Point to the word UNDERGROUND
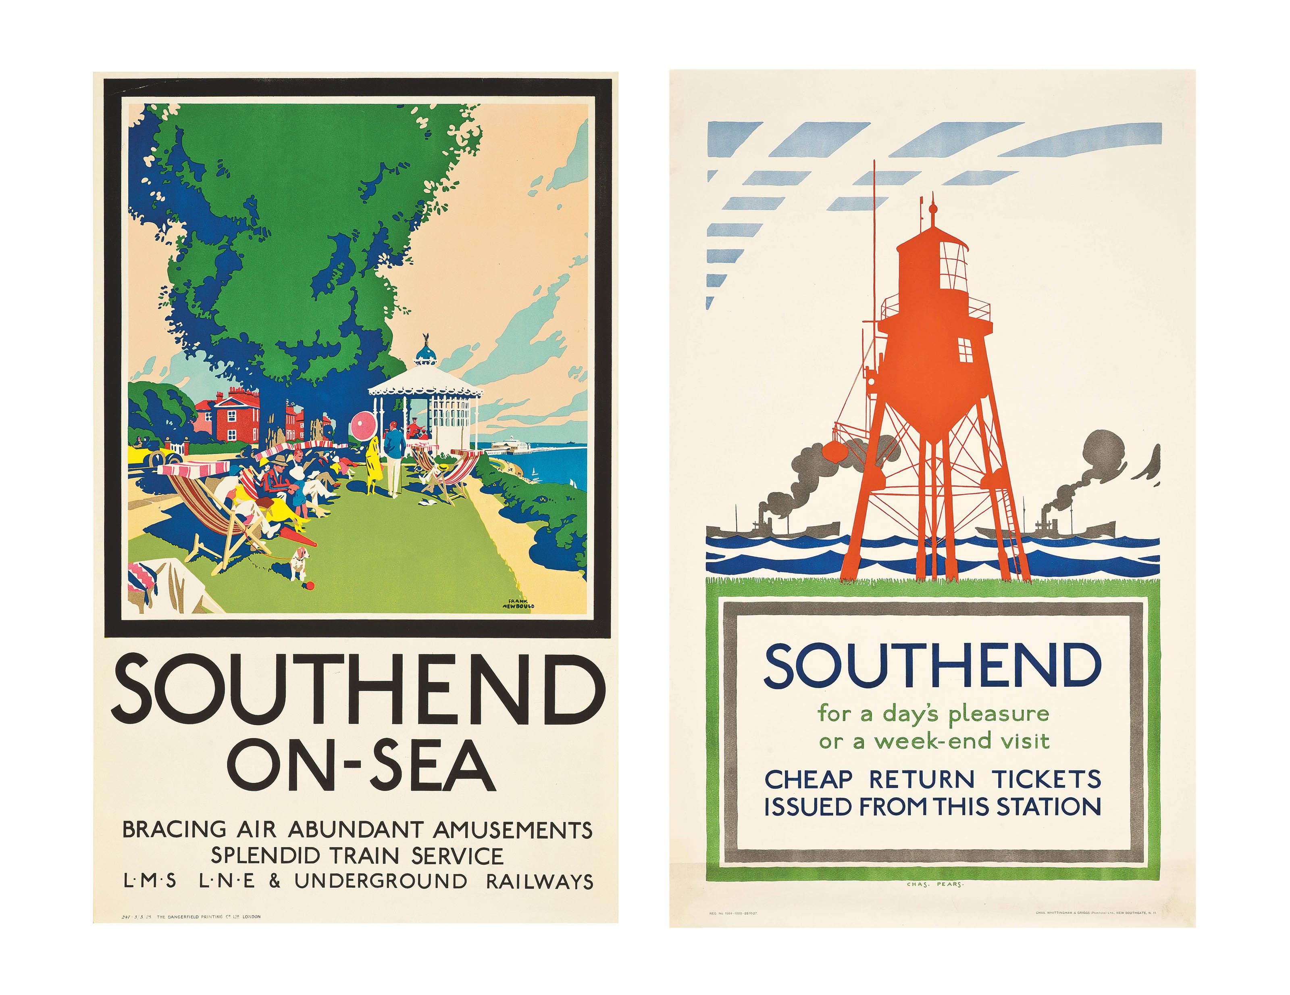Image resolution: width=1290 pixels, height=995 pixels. (381, 881)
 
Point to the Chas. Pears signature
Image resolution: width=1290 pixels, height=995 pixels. (934, 884)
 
